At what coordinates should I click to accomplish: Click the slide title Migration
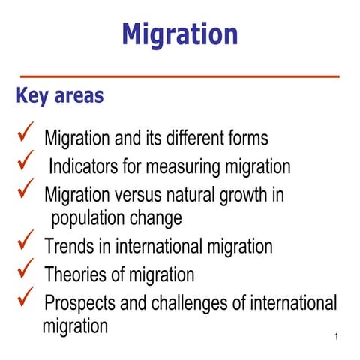(180, 34)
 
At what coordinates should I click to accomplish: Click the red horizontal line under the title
(180, 76)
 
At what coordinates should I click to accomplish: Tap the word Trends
(66, 246)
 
